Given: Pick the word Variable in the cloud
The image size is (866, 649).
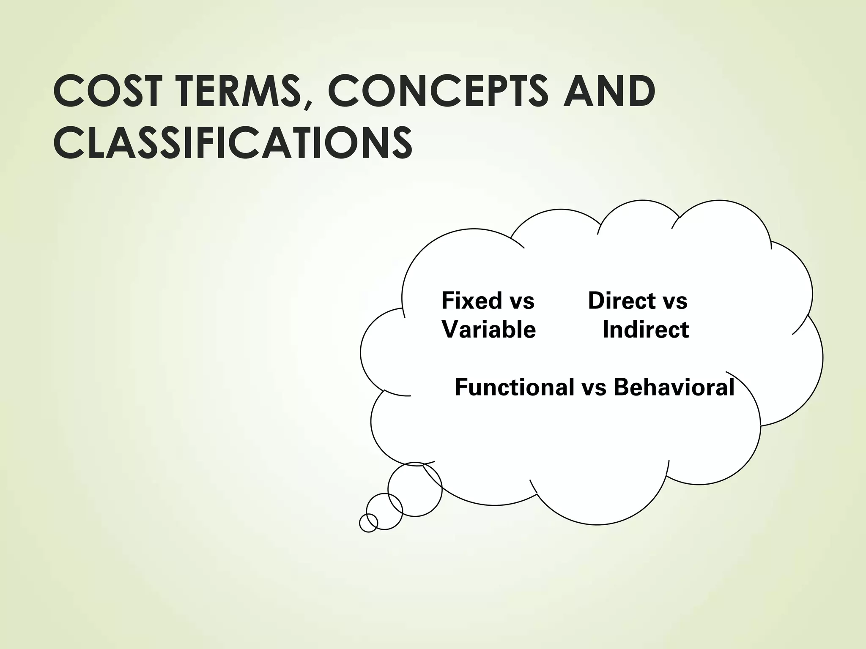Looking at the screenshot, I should (x=489, y=330).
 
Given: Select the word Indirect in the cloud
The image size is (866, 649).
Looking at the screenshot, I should (x=646, y=330).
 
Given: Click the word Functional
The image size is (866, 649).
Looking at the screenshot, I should (x=514, y=387).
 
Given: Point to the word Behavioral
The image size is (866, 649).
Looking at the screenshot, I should (x=674, y=387).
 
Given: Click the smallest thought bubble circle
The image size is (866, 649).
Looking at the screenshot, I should (x=368, y=523).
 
